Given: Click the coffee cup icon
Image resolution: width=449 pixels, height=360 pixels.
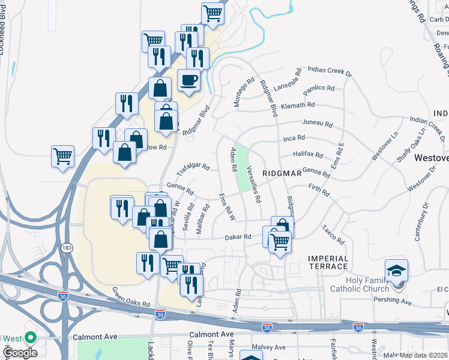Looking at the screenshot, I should [x=189, y=80].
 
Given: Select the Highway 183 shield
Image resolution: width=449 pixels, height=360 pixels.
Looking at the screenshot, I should [x=63, y=247].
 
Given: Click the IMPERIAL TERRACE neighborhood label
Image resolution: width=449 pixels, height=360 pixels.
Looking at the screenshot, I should [x=328, y=262].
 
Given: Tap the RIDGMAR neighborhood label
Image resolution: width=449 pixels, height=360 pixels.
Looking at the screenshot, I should [x=282, y=173].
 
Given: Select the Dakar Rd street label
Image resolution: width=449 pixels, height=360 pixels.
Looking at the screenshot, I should [x=238, y=237].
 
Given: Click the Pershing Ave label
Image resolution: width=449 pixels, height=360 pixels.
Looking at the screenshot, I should [x=394, y=299].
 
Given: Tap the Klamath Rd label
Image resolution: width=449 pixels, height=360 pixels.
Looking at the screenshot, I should [x=299, y=105].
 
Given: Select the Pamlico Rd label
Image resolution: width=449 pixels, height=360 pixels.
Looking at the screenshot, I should [x=319, y=88].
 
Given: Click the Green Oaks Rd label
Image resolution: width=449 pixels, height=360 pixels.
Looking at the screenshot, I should [x=130, y=296].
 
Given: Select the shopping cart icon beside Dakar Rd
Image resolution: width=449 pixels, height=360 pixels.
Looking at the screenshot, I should [x=279, y=242].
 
